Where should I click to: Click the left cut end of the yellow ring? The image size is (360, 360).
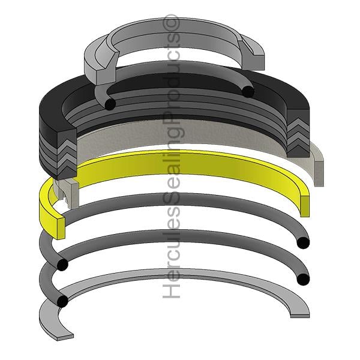pos(61,228)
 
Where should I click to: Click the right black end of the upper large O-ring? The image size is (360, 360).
pos(303,242)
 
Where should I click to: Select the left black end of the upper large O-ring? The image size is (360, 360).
pos(62,265)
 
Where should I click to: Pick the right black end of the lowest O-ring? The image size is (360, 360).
pos(303,279)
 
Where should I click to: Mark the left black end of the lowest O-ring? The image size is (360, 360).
pos(62,301)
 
